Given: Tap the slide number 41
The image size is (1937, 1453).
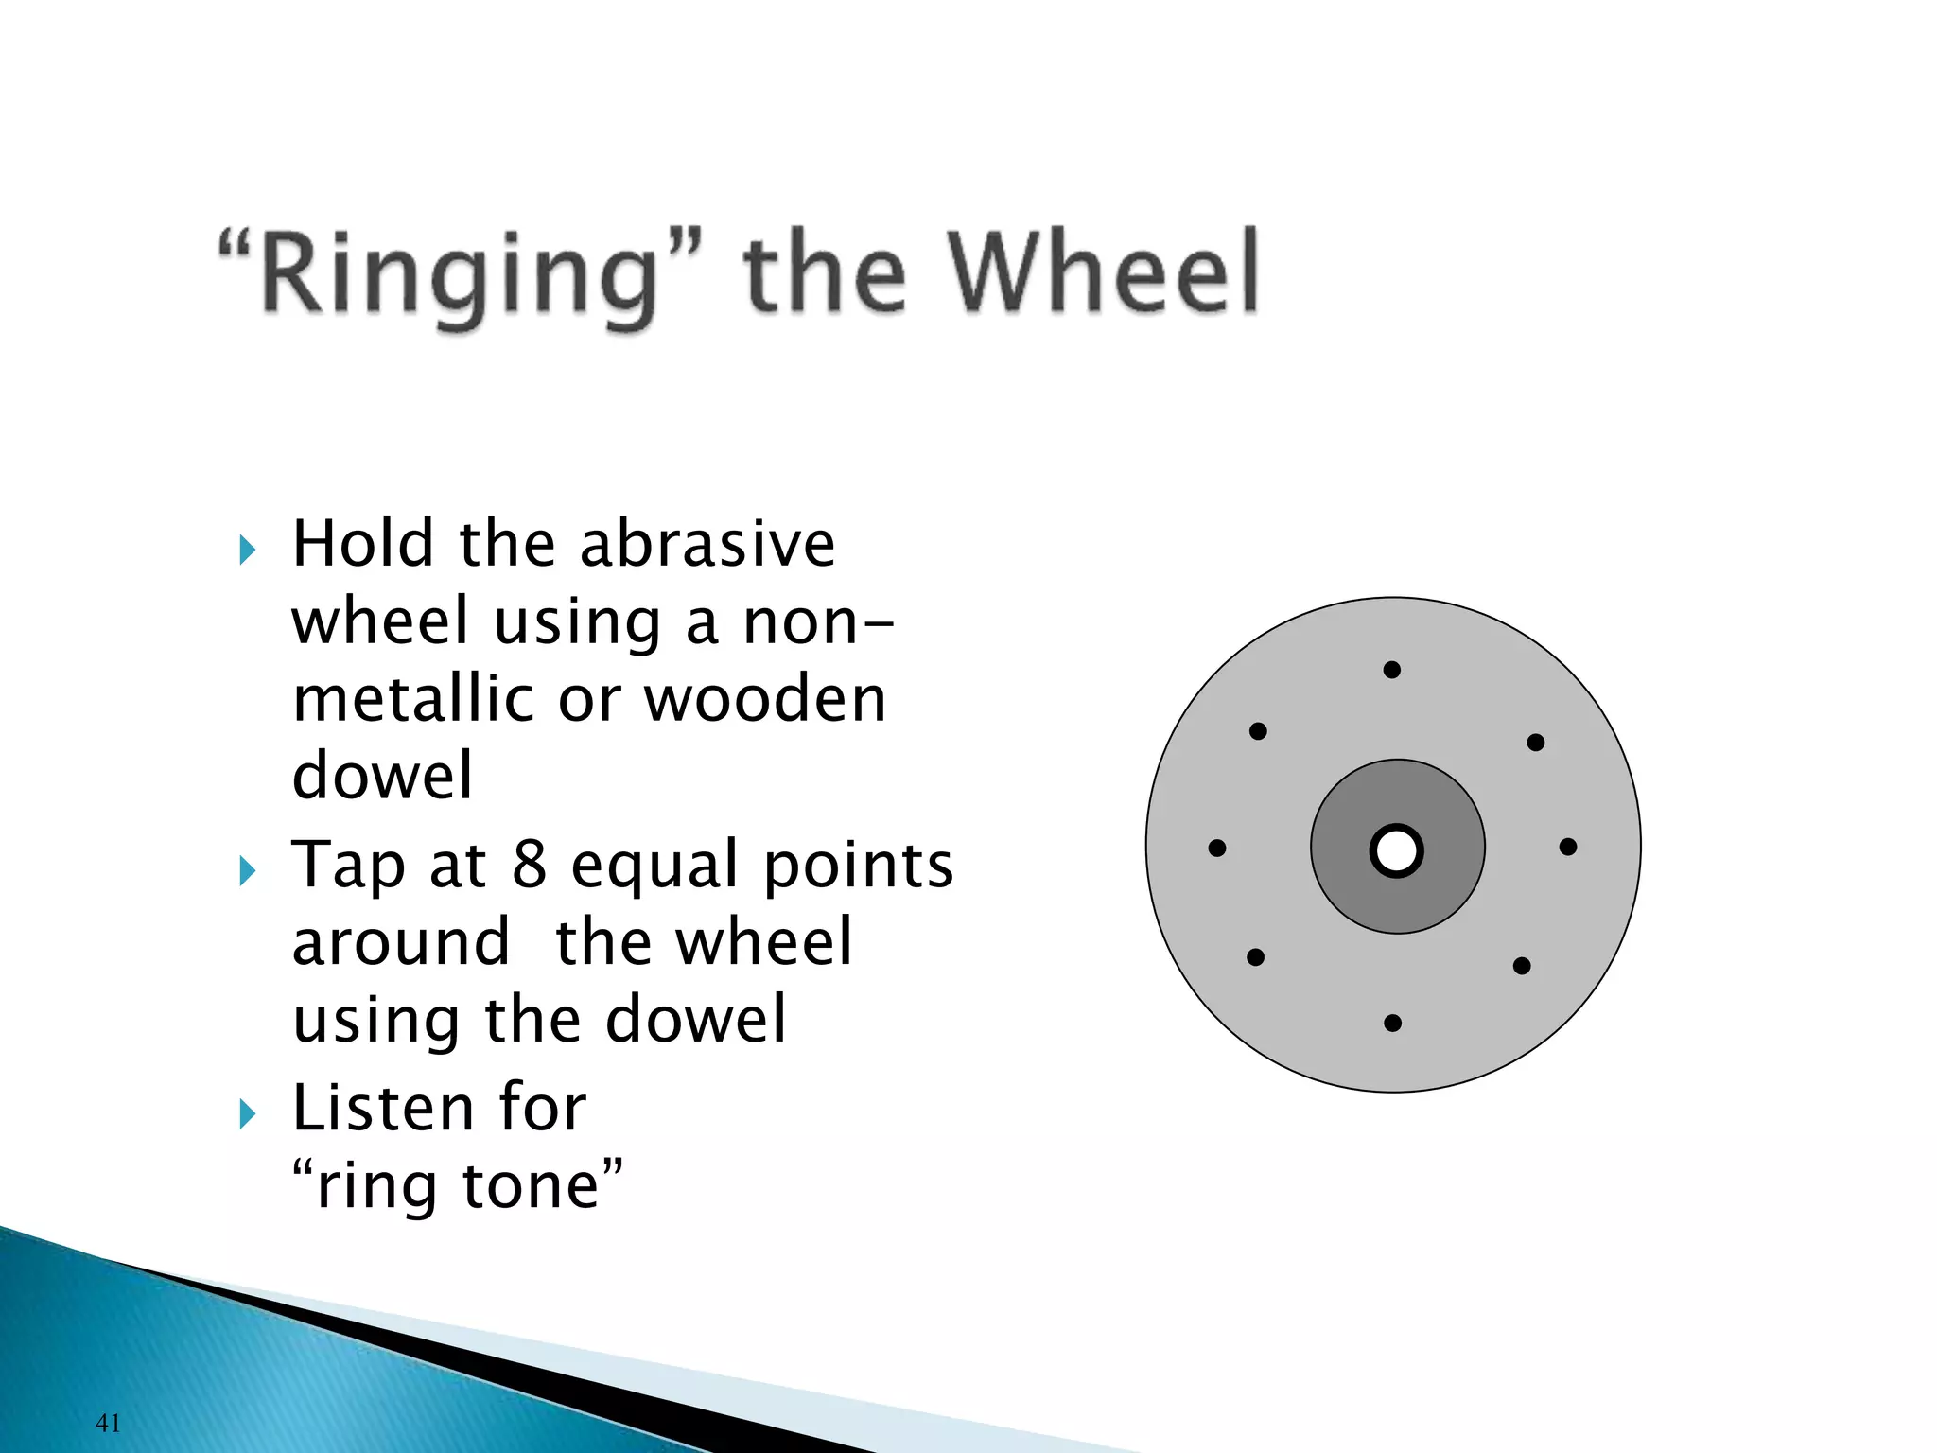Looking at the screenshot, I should pos(108,1422).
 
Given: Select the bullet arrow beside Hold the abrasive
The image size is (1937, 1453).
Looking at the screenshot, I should pos(248,550).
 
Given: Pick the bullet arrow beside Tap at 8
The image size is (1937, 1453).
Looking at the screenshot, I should pos(248,870).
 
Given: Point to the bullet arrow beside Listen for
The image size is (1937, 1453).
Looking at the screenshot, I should pos(248,1113).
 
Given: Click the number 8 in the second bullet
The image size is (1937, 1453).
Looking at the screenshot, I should pos(530,865).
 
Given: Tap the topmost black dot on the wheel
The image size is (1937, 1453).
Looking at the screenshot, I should pos(1391,670).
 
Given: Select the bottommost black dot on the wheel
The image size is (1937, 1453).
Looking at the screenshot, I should pos(1392,1023).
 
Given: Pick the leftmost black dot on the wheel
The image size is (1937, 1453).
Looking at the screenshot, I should pos(1217,848).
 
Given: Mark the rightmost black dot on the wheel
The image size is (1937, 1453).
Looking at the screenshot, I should pos(1568,847).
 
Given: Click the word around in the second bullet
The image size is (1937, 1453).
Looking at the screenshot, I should pos(401,943).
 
